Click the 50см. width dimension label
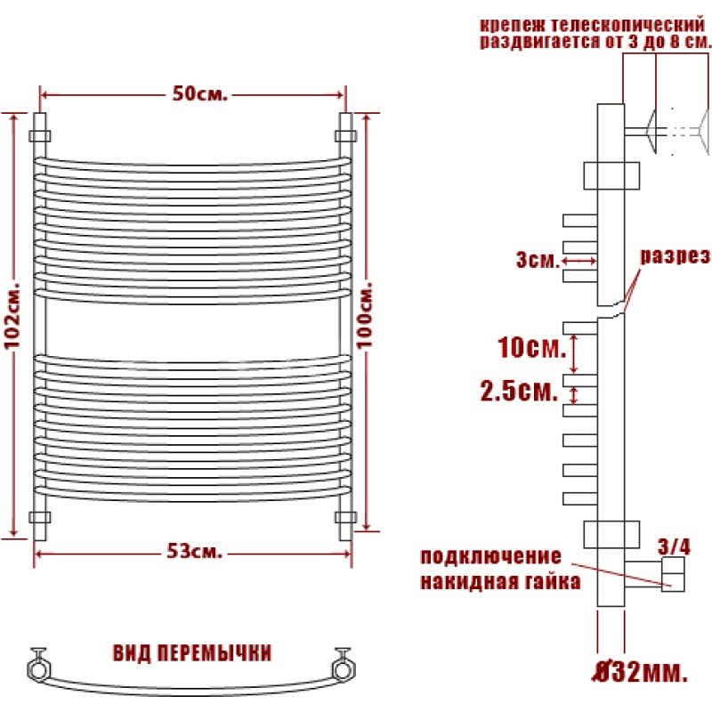coord(199,94)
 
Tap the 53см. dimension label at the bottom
coord(195,551)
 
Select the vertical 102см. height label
coord(12,317)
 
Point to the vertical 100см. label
coord(364,316)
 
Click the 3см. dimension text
coord(538,260)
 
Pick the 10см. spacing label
coord(531,347)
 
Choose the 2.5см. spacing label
coord(519,391)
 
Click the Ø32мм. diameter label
coord(640,672)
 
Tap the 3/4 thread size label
coord(674,546)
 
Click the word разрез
coord(675,256)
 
